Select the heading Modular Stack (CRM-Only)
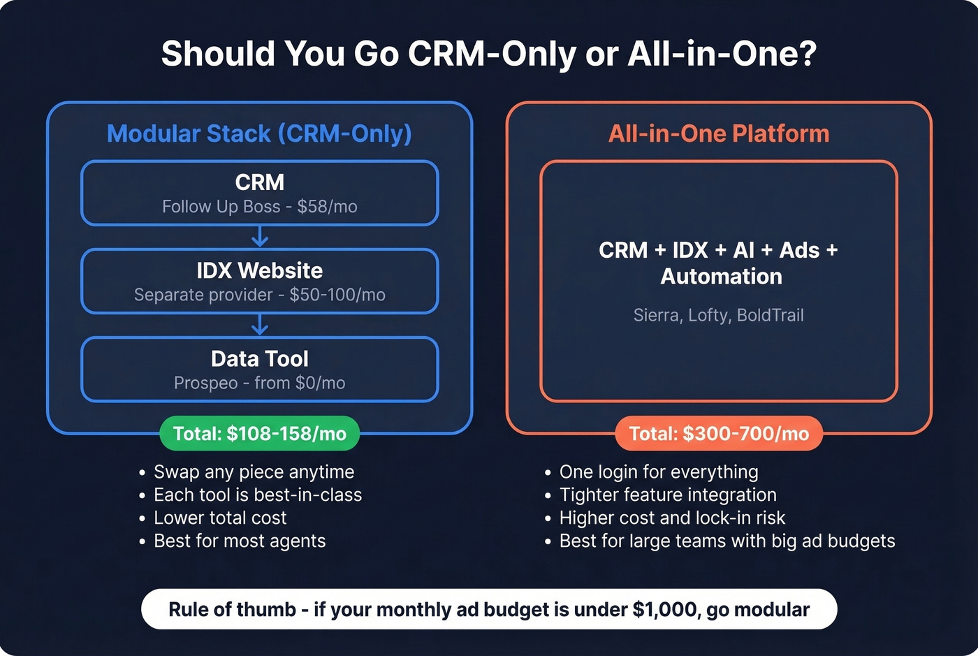(x=259, y=133)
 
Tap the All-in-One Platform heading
(x=719, y=133)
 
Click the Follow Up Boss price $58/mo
(x=327, y=207)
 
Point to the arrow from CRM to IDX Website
(x=260, y=237)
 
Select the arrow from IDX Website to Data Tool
(x=260, y=325)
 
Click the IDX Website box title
(x=260, y=270)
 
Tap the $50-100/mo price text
(x=337, y=295)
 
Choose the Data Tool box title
(x=260, y=358)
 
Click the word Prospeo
(x=205, y=383)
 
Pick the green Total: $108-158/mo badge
(x=260, y=434)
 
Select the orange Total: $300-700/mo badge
(x=719, y=434)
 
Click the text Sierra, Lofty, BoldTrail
(x=718, y=315)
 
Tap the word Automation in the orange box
(x=721, y=277)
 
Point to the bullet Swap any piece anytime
(x=254, y=472)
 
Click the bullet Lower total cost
(x=220, y=518)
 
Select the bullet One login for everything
(x=658, y=472)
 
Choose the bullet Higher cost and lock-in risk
(x=672, y=518)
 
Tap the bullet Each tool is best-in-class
(x=258, y=495)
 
